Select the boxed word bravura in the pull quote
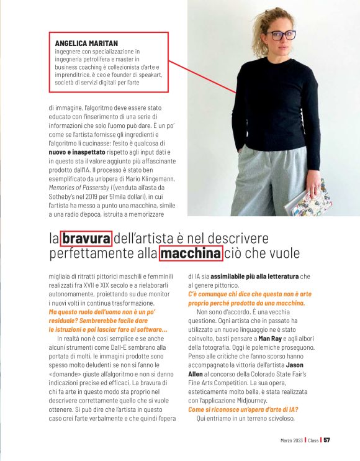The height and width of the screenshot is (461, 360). tap(87, 238)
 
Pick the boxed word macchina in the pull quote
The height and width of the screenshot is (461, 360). tap(191, 253)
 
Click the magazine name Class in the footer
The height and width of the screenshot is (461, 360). tap(314, 440)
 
